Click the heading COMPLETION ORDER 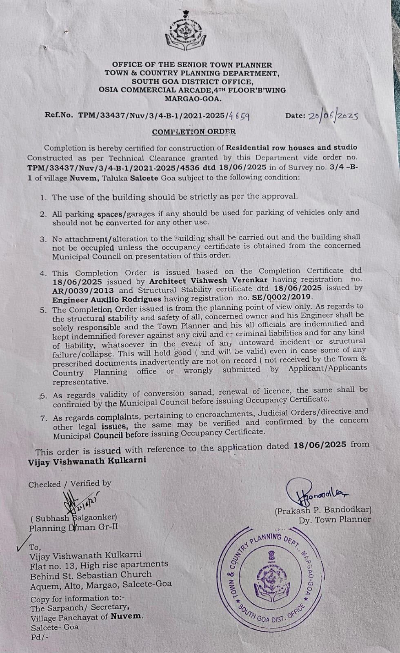point(193,132)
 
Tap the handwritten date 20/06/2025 point(333,116)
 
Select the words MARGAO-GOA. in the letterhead point(193,98)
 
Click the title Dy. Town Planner point(335,520)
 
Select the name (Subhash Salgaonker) point(74,518)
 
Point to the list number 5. point(43,310)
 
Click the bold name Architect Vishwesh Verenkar point(208,280)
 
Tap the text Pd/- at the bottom point(39,637)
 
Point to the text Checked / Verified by point(69,484)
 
